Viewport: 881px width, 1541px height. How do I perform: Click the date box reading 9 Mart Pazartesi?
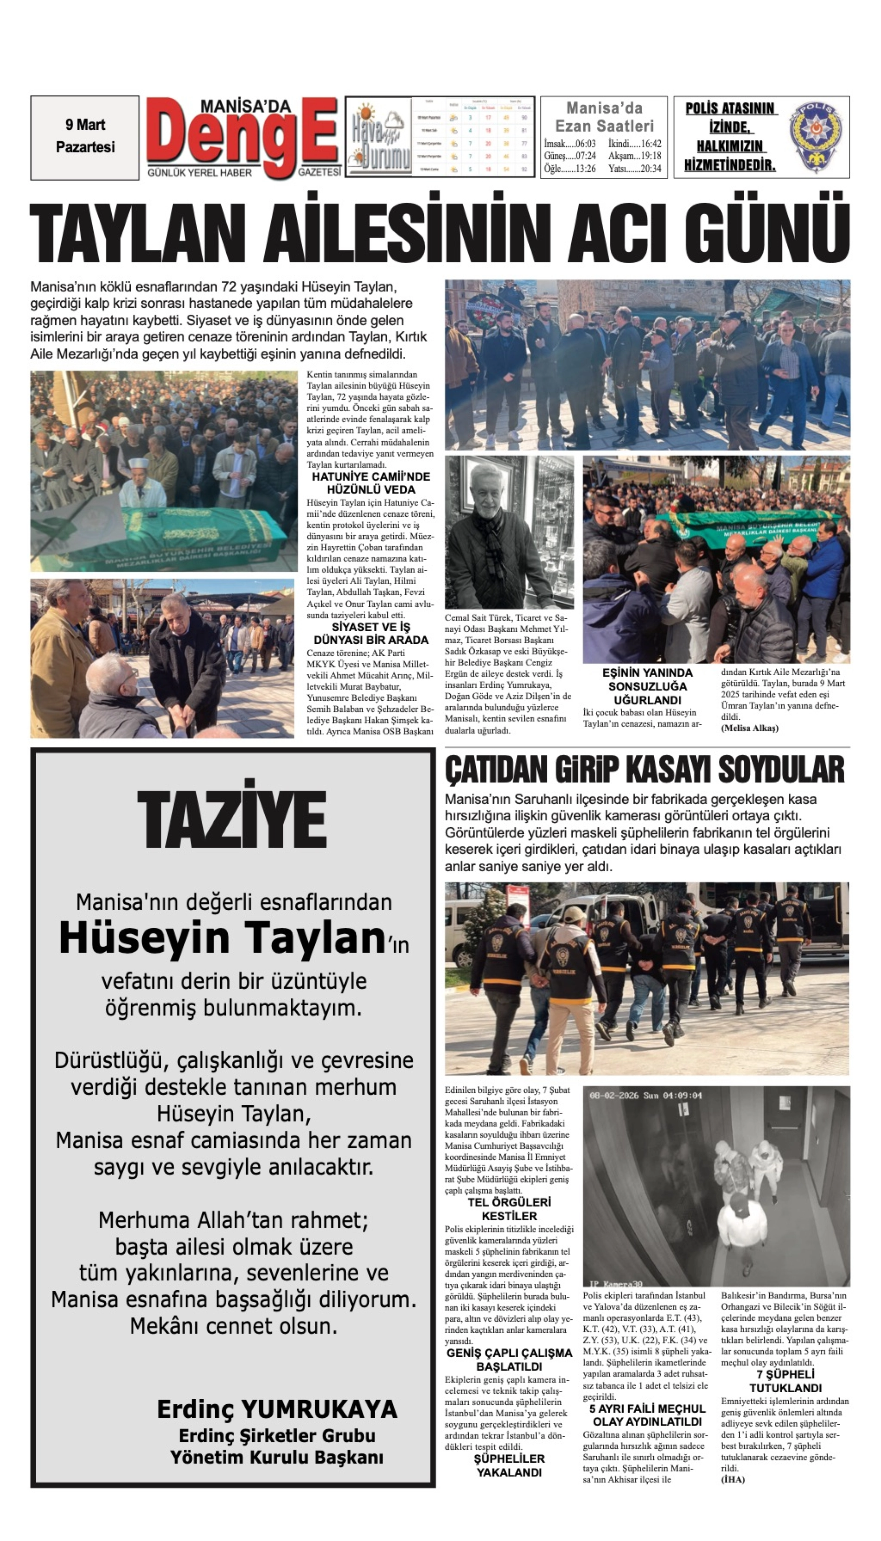point(85,136)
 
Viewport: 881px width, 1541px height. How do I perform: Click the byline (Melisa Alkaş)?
point(749,728)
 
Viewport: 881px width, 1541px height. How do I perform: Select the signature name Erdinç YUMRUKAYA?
point(277,1410)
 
